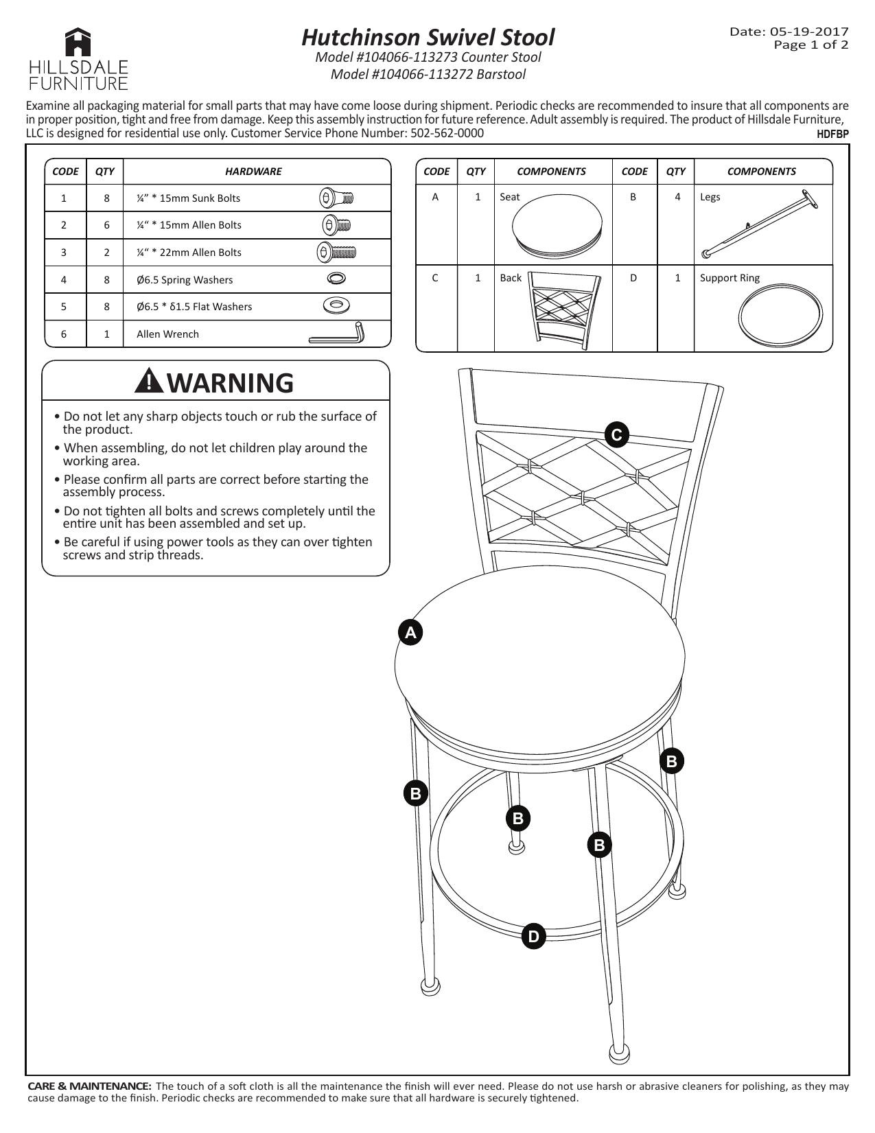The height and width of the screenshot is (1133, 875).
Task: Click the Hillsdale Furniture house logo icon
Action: point(78,43)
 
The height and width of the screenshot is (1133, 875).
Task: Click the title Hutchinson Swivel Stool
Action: point(428,36)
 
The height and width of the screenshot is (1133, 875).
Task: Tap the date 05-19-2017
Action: point(809,32)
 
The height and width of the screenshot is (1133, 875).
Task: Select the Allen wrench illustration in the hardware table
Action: point(337,334)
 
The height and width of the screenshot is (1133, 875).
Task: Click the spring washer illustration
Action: point(336,278)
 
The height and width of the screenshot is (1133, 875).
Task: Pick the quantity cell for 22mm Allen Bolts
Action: point(106,253)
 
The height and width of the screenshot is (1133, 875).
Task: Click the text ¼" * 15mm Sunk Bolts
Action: point(188,198)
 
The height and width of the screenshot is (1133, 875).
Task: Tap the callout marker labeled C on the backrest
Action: point(616,434)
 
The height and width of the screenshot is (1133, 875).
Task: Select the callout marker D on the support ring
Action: point(533,936)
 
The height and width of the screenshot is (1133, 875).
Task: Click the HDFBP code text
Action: point(832,135)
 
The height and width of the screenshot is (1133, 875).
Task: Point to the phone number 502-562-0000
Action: point(447,132)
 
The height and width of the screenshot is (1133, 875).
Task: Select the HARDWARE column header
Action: point(253,172)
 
